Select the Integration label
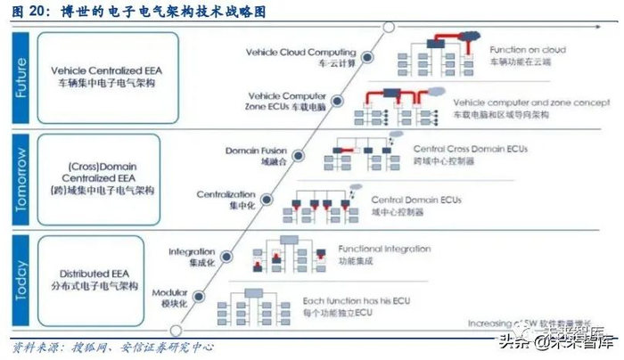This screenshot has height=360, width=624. pos(192,258)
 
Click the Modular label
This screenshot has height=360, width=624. pos(169,299)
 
